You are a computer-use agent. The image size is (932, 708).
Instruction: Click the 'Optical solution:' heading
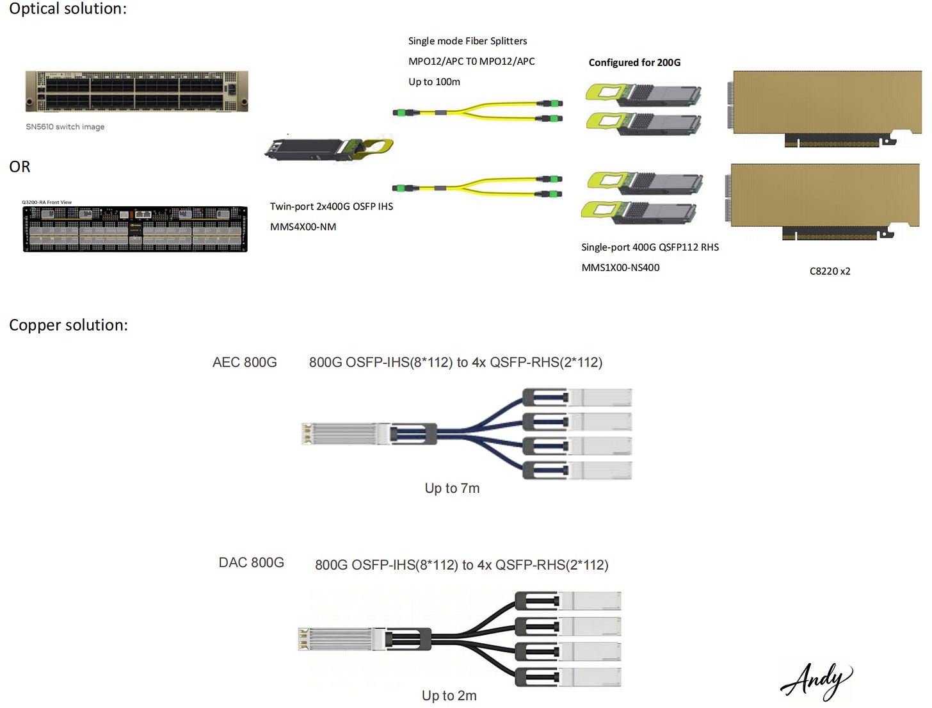click(x=67, y=9)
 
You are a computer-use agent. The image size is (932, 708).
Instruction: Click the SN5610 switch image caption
click(x=65, y=127)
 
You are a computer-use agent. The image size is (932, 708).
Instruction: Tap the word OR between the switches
click(x=20, y=167)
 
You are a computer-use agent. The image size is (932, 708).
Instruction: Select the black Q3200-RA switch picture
click(x=135, y=229)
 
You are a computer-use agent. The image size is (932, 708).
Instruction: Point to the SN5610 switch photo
click(x=136, y=92)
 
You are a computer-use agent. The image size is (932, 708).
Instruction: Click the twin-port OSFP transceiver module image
click(x=328, y=149)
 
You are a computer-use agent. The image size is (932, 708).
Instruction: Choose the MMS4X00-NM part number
click(x=303, y=227)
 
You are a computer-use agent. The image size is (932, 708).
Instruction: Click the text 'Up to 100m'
click(x=434, y=82)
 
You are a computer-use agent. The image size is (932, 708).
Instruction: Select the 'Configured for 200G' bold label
click(x=634, y=63)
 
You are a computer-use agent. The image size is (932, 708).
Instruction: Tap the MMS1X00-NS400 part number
click(x=620, y=268)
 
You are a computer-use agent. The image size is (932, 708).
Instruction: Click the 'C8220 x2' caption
click(x=830, y=271)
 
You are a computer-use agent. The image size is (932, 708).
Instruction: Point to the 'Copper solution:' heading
click(x=68, y=325)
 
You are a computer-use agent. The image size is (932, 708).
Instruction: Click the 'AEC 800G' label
click(x=245, y=363)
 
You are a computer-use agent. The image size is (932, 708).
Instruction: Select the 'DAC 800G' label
click(x=251, y=563)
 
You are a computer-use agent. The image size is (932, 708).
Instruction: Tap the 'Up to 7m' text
click(x=452, y=488)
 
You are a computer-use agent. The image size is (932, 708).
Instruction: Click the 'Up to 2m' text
click(x=449, y=696)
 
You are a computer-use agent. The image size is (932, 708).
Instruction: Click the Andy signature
click(x=816, y=680)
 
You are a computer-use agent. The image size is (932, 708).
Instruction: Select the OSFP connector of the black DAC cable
click(x=341, y=639)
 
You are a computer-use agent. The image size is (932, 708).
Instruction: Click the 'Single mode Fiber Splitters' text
click(x=467, y=41)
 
